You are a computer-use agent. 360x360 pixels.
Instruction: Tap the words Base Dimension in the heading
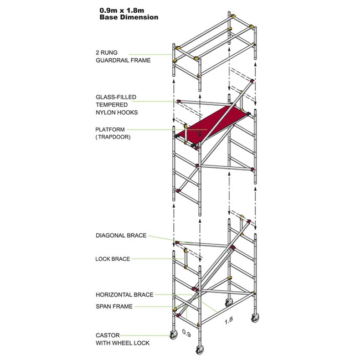[x=128, y=17]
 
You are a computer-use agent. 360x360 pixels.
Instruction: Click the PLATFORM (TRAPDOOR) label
[x=114, y=133]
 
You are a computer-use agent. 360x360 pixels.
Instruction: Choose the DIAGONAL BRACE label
[x=121, y=235]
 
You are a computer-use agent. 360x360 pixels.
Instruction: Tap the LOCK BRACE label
[x=112, y=259]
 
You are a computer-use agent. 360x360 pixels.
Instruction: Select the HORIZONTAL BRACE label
[x=124, y=295]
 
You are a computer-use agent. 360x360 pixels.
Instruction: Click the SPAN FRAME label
[x=114, y=306]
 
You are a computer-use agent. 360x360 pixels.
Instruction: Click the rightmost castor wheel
[x=255, y=321]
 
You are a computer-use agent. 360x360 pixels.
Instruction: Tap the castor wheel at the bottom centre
[x=198, y=351]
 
